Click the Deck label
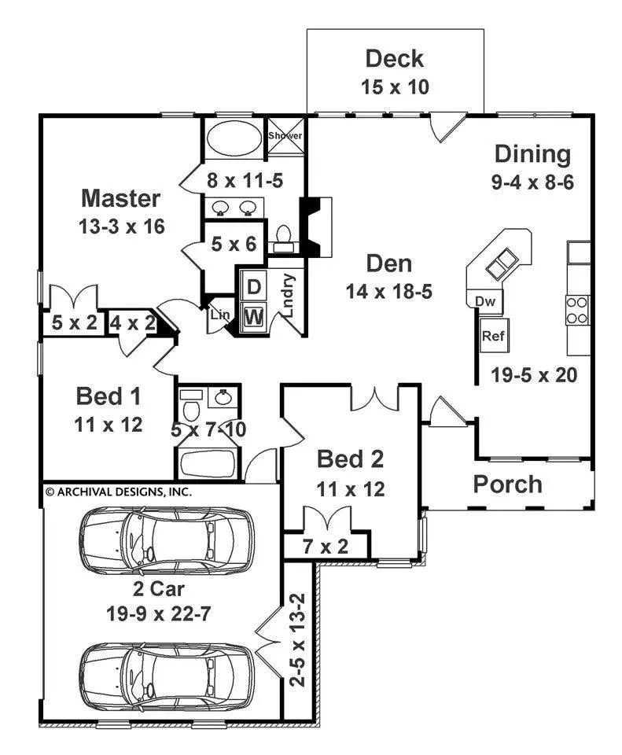coord(395,59)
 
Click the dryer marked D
coord(254,287)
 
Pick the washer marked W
coord(254,317)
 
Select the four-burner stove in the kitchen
coord(577,309)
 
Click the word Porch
coord(507,484)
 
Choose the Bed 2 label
coord(350,459)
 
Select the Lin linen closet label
coord(219,315)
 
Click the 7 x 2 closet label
coord(325,545)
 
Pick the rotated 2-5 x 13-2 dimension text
coord(299,641)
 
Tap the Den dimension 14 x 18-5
coord(390,292)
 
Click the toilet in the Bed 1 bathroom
coord(190,407)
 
